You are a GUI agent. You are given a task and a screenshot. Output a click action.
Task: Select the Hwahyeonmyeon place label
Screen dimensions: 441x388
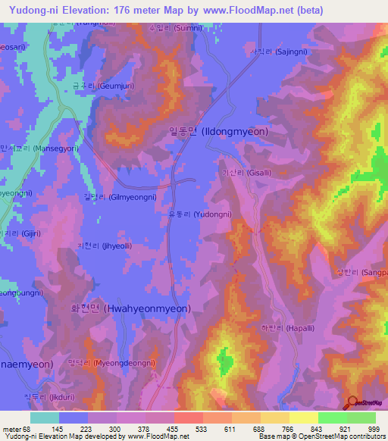point(132,308)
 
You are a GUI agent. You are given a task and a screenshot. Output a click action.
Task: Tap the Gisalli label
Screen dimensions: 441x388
point(244,174)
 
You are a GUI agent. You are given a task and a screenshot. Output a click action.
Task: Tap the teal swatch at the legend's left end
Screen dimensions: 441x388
point(44,418)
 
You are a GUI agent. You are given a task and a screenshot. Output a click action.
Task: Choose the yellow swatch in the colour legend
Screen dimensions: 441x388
point(304,418)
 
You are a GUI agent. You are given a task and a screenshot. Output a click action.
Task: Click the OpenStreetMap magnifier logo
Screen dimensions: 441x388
point(352,404)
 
